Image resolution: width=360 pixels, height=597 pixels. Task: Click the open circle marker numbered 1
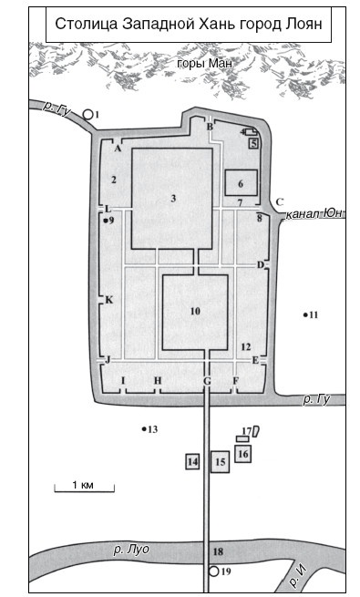click(x=88, y=114)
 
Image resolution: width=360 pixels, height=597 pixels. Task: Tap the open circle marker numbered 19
click(x=214, y=571)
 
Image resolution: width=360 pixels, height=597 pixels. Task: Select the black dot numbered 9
click(x=106, y=220)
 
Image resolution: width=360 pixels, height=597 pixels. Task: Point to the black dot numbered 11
click(x=305, y=314)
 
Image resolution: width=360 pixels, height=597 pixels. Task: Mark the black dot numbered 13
click(x=144, y=429)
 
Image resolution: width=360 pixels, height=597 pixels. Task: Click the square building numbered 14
click(x=192, y=461)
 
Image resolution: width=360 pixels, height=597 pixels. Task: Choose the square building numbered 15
click(x=221, y=462)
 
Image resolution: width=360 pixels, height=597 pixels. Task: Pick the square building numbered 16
click(x=242, y=454)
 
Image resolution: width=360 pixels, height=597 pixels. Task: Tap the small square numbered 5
click(x=254, y=143)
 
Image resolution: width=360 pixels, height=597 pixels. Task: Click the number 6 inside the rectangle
click(x=241, y=184)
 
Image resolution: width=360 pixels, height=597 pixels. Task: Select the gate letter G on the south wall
click(x=208, y=380)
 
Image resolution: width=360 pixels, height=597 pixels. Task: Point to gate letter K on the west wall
click(x=108, y=300)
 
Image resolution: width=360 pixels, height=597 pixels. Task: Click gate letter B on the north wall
click(x=210, y=127)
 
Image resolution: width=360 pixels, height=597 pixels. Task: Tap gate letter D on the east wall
click(x=261, y=264)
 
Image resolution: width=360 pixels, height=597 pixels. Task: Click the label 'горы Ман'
click(x=205, y=63)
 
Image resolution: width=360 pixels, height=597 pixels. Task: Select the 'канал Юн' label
click(x=314, y=213)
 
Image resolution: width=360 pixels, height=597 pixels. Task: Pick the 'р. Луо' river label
click(x=131, y=550)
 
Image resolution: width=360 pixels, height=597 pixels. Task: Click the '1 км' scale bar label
click(x=83, y=485)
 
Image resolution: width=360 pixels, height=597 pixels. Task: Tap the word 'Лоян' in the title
click(x=303, y=25)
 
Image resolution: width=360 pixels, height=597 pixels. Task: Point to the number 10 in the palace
click(x=195, y=312)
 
